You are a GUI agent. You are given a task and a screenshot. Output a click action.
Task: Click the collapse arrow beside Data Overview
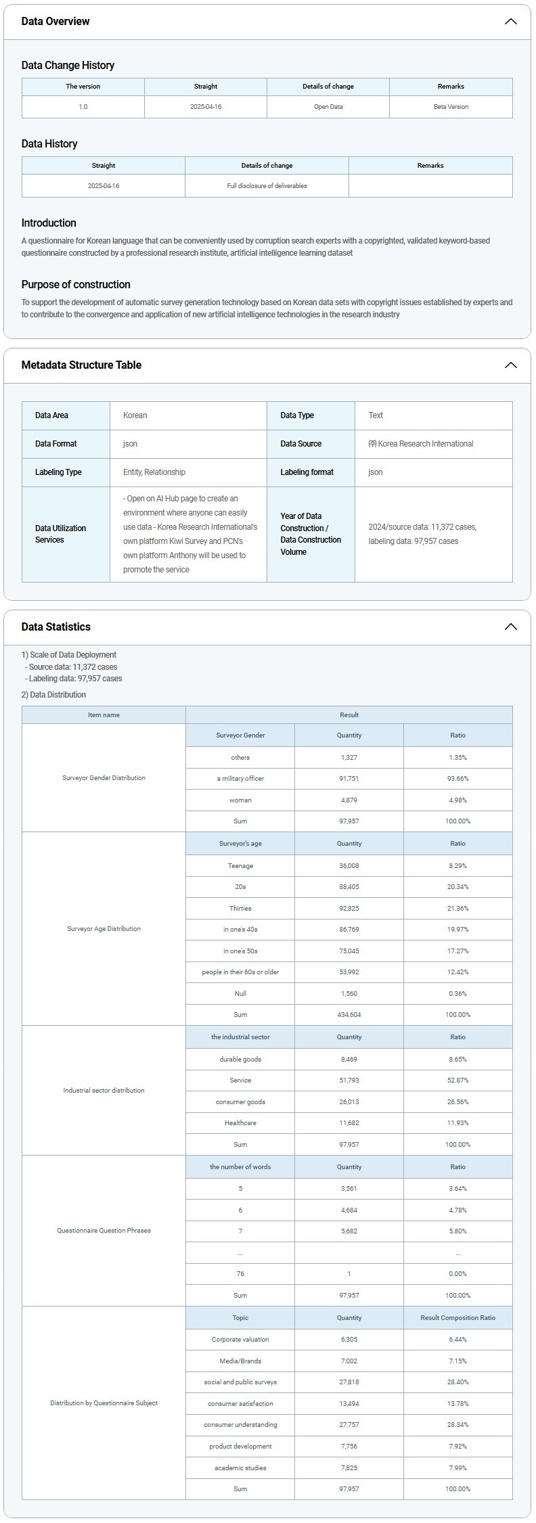(510, 22)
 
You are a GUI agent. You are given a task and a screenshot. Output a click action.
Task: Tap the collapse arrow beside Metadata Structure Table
(510, 365)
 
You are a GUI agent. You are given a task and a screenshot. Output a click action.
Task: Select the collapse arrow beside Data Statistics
(510, 627)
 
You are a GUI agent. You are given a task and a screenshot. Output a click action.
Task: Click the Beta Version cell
(451, 107)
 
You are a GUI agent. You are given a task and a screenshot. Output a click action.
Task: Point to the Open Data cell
(328, 107)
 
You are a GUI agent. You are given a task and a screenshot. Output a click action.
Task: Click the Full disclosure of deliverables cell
(267, 186)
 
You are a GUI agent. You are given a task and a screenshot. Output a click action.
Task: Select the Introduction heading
(49, 223)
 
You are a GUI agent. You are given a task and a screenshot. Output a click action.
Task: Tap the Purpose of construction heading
(76, 285)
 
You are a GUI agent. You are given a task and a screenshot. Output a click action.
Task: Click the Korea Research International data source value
(421, 444)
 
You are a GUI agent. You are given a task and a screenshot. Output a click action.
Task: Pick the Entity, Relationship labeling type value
(154, 472)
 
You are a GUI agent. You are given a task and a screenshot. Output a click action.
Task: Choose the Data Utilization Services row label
(60, 534)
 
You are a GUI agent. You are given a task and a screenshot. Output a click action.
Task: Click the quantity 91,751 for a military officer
(349, 779)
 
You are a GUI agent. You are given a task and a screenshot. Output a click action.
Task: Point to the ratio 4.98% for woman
(457, 800)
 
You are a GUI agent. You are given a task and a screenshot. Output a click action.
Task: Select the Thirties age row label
(240, 909)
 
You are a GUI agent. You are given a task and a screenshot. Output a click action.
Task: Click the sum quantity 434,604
(349, 1015)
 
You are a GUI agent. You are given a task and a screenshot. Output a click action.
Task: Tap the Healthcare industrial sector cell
(240, 1123)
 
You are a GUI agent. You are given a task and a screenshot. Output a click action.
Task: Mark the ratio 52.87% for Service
(457, 1081)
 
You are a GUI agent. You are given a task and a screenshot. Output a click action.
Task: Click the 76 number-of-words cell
(240, 1274)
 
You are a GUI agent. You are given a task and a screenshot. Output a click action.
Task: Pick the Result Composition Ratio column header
(457, 1318)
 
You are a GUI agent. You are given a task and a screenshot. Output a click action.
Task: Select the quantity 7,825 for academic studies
(349, 1468)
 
